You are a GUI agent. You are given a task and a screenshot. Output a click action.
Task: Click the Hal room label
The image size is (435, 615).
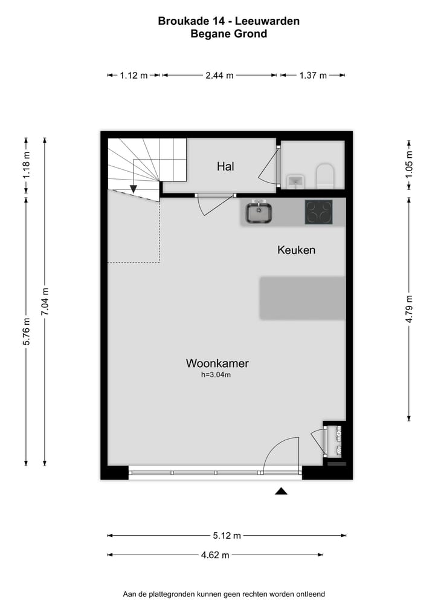(225, 166)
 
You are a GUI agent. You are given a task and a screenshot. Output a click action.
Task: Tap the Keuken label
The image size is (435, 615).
(296, 249)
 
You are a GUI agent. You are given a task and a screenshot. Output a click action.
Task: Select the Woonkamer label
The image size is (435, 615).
(217, 363)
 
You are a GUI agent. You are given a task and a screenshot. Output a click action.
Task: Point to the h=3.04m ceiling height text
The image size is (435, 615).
(216, 375)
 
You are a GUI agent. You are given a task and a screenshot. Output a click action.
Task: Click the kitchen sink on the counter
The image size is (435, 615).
(259, 212)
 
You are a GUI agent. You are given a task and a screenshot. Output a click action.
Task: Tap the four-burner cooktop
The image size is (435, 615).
(318, 212)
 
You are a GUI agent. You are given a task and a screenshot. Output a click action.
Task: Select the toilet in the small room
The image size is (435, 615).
(325, 175)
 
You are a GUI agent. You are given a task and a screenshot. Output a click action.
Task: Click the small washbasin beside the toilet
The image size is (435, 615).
(294, 180)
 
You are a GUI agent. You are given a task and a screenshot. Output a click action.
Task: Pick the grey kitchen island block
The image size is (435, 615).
(302, 298)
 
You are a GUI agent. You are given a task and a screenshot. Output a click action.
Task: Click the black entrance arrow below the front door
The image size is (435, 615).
(281, 491)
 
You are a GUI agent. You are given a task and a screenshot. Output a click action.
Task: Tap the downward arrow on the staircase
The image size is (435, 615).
(134, 189)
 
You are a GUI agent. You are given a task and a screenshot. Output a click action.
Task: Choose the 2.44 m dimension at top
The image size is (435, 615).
(219, 76)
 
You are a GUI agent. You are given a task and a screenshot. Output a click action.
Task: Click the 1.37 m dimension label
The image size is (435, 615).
(312, 76)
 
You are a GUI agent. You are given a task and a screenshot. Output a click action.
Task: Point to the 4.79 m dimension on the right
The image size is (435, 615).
(410, 308)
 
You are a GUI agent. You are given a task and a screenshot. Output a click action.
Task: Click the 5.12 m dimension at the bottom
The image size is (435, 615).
(227, 535)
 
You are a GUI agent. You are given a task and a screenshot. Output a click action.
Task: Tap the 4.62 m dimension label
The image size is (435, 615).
(215, 555)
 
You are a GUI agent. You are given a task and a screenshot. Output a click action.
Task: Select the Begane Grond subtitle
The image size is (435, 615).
(228, 34)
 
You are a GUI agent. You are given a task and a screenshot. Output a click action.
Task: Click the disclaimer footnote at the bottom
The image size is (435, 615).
(224, 594)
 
